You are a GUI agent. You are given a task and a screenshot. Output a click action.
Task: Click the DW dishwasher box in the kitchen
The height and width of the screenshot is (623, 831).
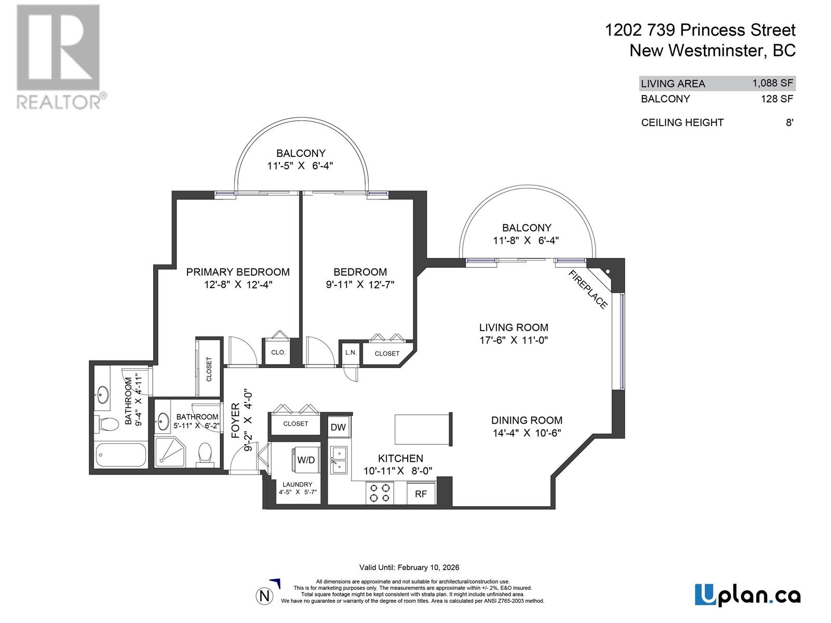[339, 427]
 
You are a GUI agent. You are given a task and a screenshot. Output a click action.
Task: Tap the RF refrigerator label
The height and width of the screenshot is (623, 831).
[421, 494]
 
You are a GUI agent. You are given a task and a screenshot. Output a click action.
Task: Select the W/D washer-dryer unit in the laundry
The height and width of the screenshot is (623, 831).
[306, 460]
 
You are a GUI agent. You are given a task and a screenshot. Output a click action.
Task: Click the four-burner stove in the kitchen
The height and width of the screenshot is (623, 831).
[380, 493]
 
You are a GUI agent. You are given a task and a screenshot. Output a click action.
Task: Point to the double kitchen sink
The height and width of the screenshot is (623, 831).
[339, 460]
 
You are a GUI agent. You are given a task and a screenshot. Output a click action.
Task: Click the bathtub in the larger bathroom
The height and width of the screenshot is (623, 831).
[121, 455]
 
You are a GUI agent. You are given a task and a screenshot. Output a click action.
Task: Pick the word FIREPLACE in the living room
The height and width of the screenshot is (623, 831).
[588, 290]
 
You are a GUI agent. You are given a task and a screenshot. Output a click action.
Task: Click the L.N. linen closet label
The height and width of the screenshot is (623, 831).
[351, 353]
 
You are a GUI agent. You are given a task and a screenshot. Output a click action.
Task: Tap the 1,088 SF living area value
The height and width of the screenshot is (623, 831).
[772, 83]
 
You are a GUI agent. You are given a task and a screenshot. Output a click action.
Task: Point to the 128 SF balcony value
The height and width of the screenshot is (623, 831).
[777, 99]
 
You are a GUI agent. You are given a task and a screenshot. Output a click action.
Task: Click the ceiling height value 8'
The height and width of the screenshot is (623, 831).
[789, 123]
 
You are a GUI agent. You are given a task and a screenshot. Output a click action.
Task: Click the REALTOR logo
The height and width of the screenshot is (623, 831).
[59, 57]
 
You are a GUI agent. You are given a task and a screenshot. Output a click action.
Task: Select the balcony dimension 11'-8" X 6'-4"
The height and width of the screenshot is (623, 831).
[526, 240]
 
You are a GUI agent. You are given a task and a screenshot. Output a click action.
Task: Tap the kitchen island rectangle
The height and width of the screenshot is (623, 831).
[422, 429]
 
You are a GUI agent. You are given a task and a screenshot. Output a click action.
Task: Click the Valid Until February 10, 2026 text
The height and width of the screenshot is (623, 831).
[409, 567]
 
